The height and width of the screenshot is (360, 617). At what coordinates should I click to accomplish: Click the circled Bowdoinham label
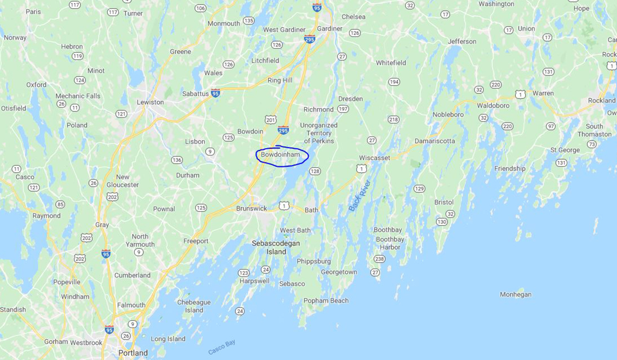pyautogui.click(x=280, y=155)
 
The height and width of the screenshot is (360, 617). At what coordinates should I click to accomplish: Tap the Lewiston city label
pyautogui.click(x=150, y=102)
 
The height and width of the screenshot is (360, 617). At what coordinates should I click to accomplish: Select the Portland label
pyautogui.click(x=133, y=353)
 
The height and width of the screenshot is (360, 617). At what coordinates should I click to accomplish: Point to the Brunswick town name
pyautogui.click(x=252, y=208)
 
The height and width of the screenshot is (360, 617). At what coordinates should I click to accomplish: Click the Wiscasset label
pyautogui.click(x=375, y=158)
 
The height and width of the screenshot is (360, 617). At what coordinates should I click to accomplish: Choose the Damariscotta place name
pyautogui.click(x=435, y=141)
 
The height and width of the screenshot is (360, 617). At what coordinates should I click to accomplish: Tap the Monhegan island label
pyautogui.click(x=515, y=294)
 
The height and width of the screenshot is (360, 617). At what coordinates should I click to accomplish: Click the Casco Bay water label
pyautogui.click(x=222, y=348)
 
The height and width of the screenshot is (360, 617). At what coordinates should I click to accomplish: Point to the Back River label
pyautogui.click(x=359, y=195)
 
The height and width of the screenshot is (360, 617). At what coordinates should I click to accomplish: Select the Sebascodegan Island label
pyautogui.click(x=276, y=247)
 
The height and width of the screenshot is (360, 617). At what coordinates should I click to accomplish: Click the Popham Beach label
pyautogui.click(x=326, y=300)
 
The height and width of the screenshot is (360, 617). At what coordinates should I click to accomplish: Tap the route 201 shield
pyautogui.click(x=271, y=119)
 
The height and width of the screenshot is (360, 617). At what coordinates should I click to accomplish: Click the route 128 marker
pyautogui.click(x=315, y=171)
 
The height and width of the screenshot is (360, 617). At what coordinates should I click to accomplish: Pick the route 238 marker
pyautogui.click(x=379, y=259)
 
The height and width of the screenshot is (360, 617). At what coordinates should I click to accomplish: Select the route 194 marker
pyautogui.click(x=393, y=82)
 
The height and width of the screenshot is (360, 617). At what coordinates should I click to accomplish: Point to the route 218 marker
pyautogui.click(x=393, y=119)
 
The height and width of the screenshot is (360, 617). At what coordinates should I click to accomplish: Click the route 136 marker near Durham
pyautogui.click(x=176, y=160)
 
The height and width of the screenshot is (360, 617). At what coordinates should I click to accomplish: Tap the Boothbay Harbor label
pyautogui.click(x=390, y=243)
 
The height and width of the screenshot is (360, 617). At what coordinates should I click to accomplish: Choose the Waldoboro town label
pyautogui.click(x=493, y=106)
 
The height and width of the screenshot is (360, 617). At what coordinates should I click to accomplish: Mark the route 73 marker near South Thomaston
pyautogui.click(x=592, y=144)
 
